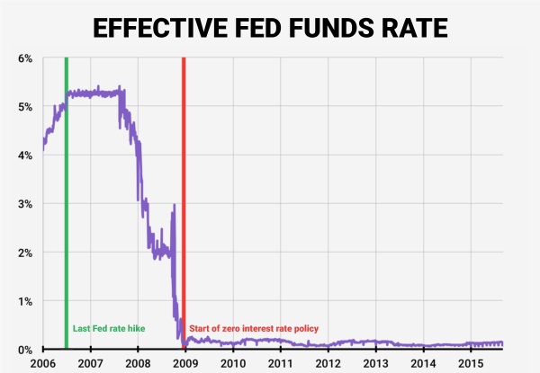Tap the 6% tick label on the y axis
25,58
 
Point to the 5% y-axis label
25,107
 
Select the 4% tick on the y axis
25,155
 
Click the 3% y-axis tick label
25,204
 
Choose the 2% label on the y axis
25,253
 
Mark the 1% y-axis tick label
25,301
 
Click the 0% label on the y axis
25,349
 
